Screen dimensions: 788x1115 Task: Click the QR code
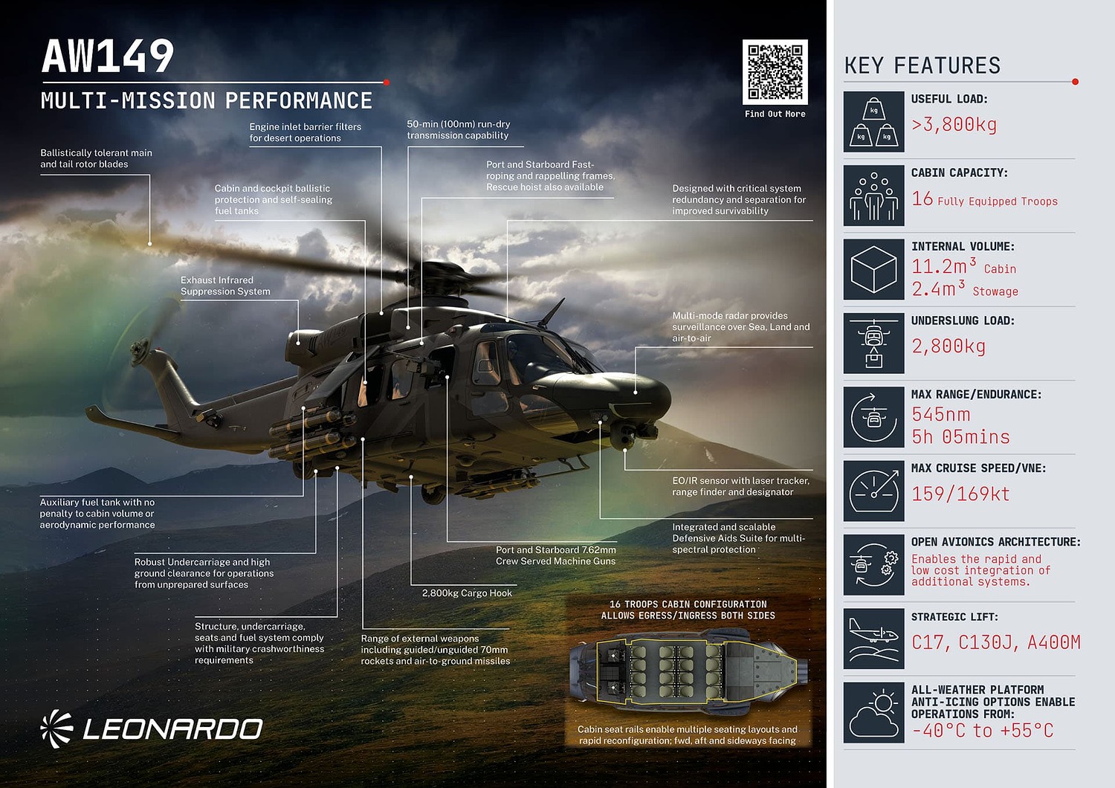775,72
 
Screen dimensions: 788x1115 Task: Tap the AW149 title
108,56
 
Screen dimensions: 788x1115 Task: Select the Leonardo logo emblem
56,729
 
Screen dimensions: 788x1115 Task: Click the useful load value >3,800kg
954,125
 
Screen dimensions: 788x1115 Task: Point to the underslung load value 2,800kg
948,346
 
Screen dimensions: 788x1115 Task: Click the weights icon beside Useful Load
873,122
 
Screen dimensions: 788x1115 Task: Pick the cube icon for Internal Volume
873,269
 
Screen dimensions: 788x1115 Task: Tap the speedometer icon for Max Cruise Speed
873,491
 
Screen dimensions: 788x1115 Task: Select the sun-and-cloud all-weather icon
873,712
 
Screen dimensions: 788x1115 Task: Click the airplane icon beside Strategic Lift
873,639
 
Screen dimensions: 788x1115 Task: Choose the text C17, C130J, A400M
996,642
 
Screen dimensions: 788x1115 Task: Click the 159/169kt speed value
960,494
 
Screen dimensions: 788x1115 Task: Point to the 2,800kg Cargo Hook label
467,593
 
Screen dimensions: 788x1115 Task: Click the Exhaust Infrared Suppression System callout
225,286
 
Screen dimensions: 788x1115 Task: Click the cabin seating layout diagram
688,671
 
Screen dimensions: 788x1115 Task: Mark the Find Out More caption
775,114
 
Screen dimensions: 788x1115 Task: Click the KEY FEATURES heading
922,66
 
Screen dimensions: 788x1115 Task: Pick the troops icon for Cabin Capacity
873,196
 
